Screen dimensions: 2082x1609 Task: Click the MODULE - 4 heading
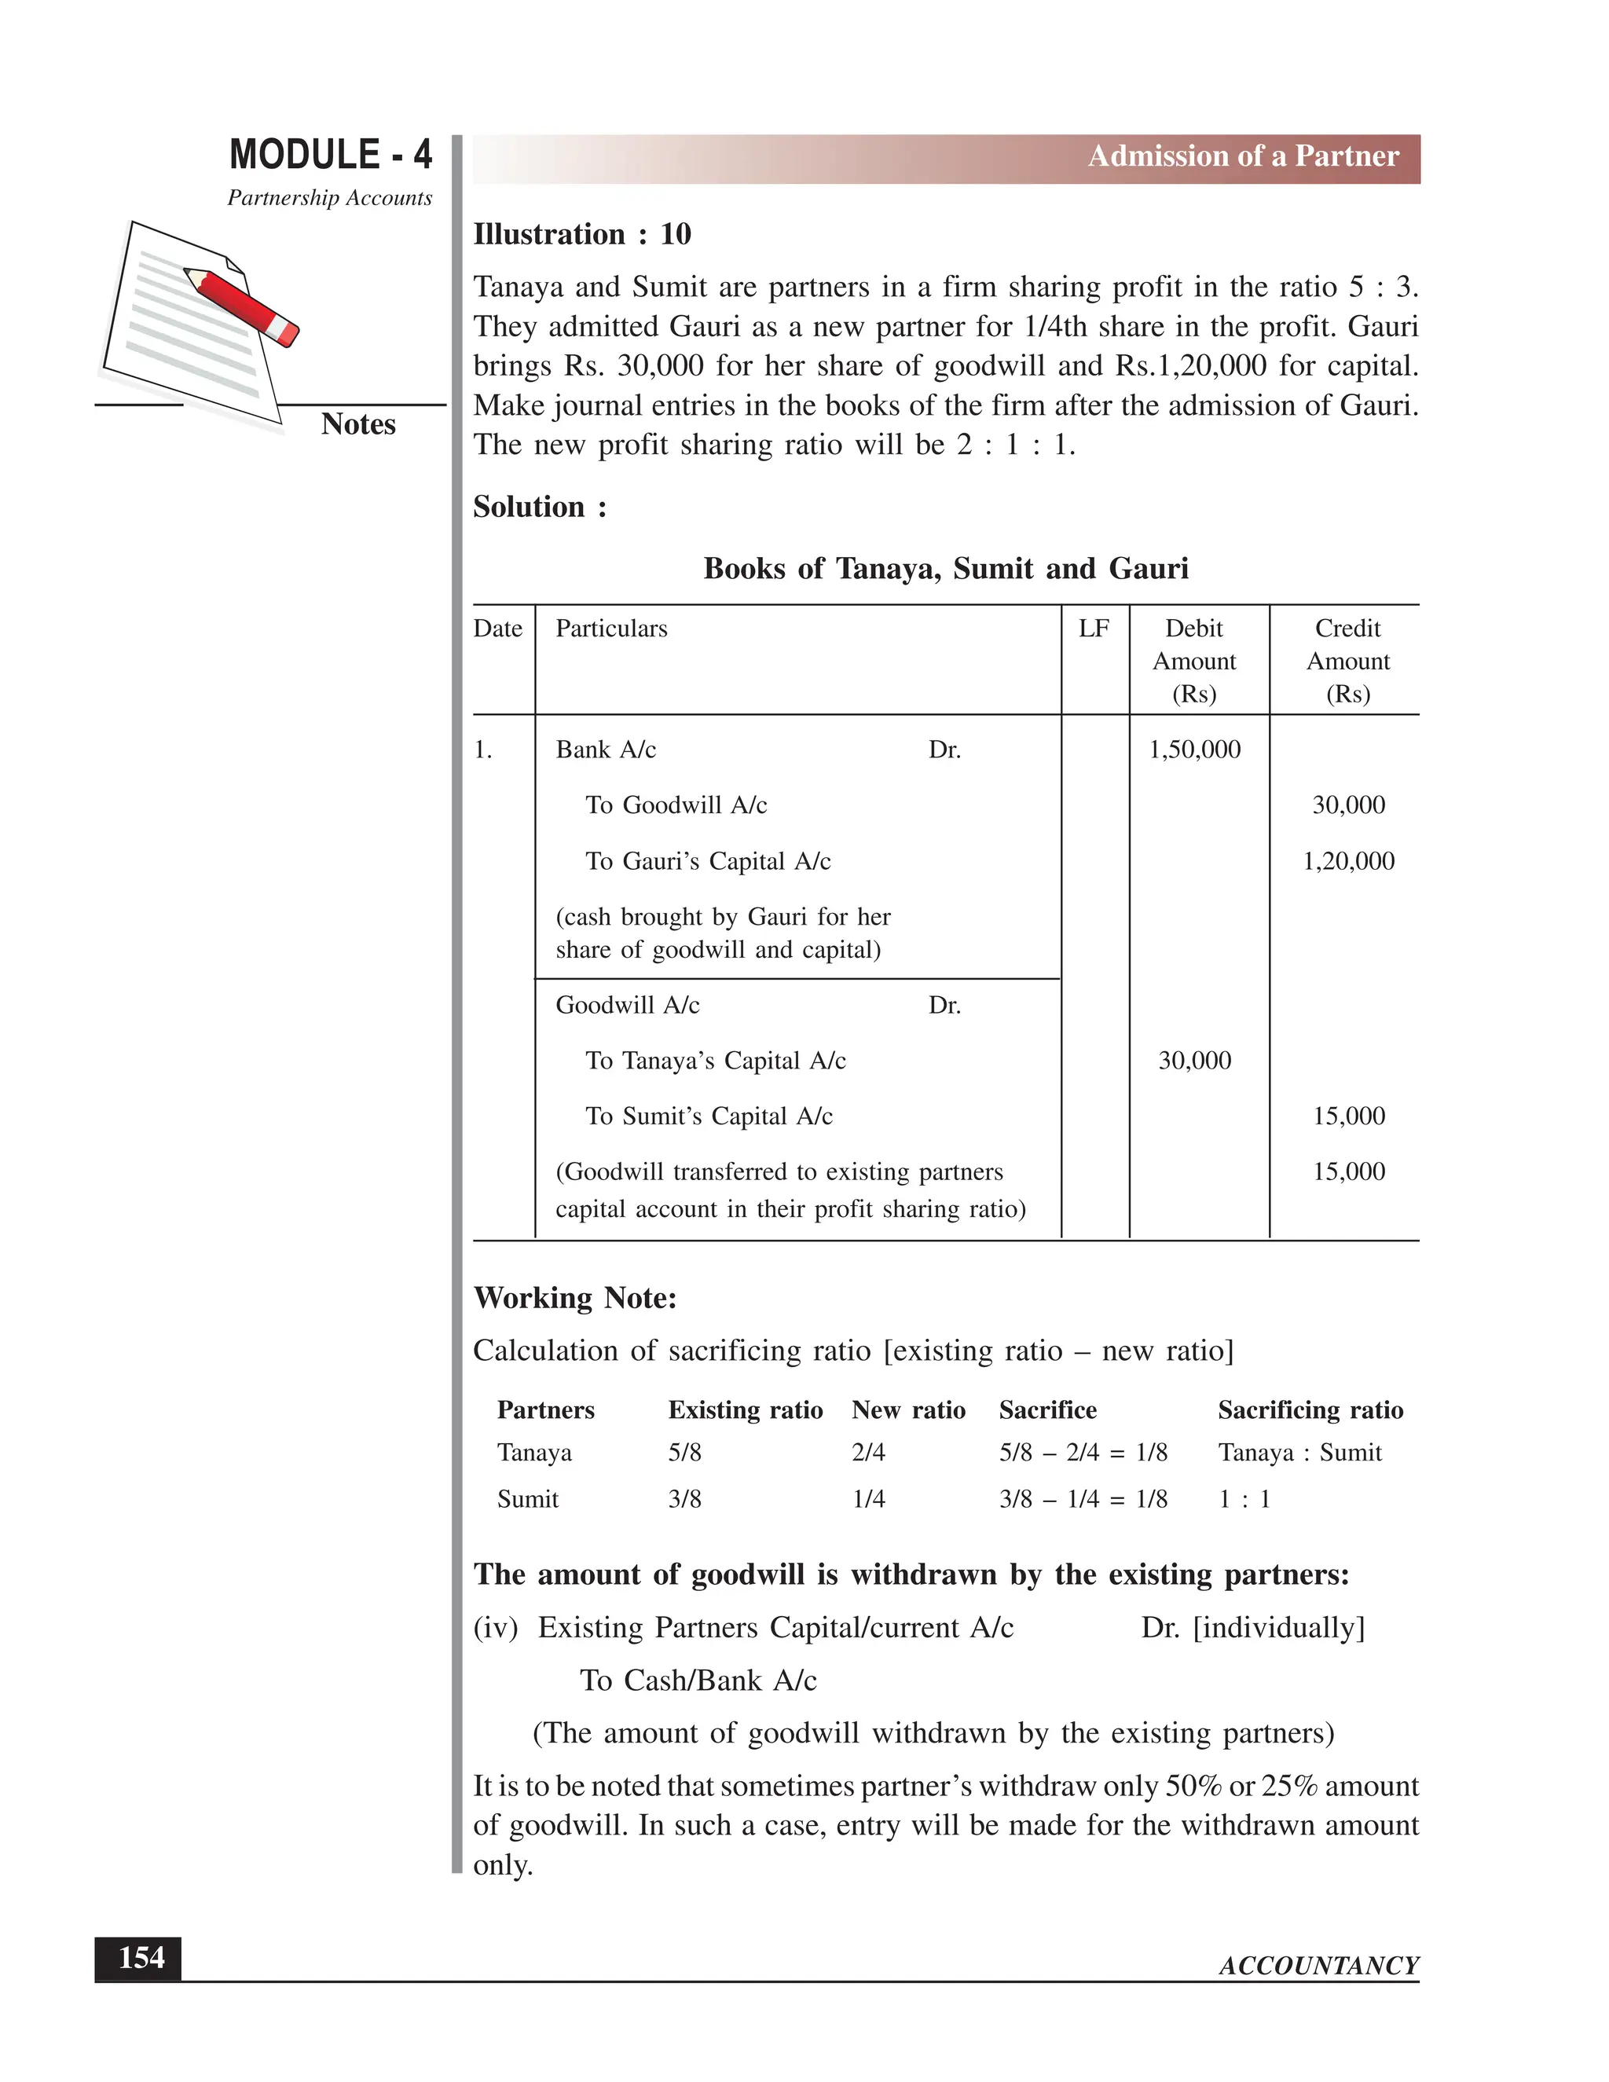(330, 155)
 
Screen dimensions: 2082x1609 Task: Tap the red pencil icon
(241, 305)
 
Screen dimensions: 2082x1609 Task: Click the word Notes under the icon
(357, 423)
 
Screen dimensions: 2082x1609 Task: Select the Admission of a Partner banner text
(1243, 156)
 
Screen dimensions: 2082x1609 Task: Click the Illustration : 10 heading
(581, 234)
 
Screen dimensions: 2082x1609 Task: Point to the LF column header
(1094, 629)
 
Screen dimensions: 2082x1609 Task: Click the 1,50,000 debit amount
(1194, 750)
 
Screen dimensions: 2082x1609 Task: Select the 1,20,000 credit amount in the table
(1348, 861)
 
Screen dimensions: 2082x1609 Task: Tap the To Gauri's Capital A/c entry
(707, 861)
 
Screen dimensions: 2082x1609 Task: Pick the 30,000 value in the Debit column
(1194, 1060)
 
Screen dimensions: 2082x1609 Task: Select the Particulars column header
(611, 629)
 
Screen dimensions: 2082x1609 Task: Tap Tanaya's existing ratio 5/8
(684, 1452)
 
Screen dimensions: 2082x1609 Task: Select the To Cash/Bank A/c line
(698, 1680)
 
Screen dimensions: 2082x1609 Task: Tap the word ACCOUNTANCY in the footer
(1318, 1966)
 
